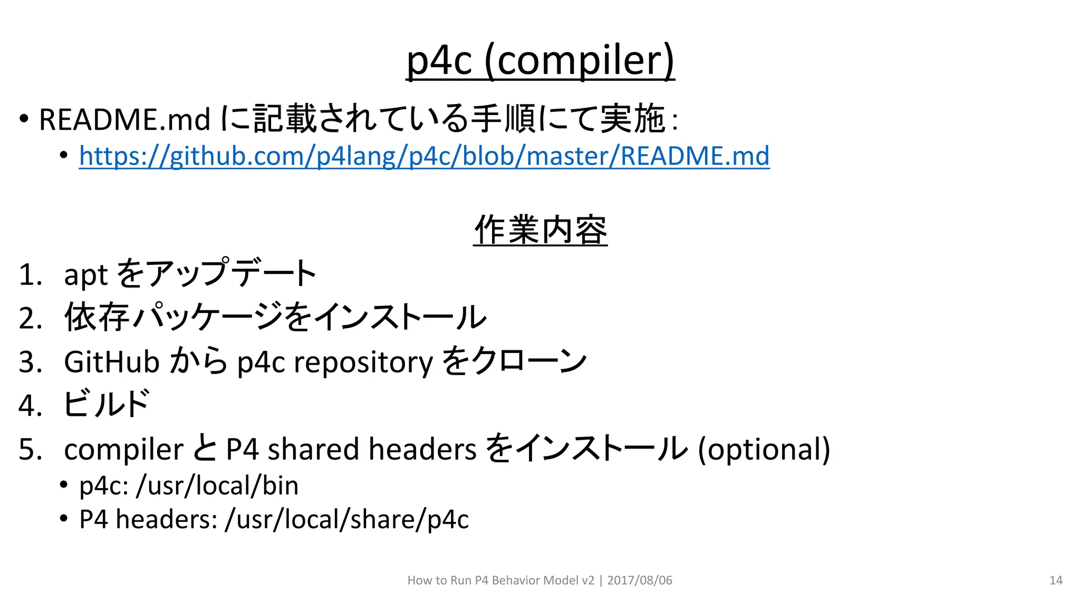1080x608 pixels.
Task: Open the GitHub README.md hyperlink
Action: coord(424,156)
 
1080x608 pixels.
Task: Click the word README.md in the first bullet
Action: coord(124,119)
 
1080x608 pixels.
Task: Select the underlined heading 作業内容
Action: coord(540,231)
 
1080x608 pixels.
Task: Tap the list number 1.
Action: coord(30,275)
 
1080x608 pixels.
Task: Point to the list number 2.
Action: coord(30,319)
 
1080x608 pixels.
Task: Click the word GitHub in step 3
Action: coord(111,362)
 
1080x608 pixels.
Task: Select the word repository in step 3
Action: coord(363,363)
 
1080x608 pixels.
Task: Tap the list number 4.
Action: coord(30,406)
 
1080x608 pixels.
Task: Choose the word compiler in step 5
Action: coord(123,450)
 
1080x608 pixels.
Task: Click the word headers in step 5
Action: coord(422,449)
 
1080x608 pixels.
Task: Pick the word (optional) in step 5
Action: coord(764,450)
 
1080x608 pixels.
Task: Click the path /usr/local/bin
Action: coord(217,486)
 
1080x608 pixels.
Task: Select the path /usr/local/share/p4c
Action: coord(346,519)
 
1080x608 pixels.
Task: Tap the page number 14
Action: coord(1056,581)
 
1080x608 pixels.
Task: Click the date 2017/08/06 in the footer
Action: coord(640,581)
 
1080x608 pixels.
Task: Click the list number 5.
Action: coord(30,450)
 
